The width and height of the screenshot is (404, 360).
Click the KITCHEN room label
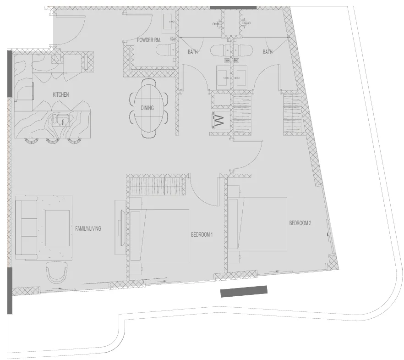click(61, 95)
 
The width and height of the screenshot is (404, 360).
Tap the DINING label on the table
click(147, 108)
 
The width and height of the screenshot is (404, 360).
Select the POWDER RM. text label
click(149, 40)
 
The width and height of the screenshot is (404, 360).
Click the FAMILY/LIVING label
click(88, 228)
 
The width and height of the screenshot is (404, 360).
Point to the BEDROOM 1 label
click(202, 235)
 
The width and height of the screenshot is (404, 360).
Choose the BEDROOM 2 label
click(300, 223)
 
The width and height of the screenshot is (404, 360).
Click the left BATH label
click(193, 52)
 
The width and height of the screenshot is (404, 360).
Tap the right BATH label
click(268, 52)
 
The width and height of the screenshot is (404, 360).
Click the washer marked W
click(219, 121)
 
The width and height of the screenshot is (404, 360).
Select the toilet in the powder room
click(166, 50)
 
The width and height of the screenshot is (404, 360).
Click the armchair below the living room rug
click(57, 273)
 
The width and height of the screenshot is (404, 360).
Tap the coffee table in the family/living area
click(57, 227)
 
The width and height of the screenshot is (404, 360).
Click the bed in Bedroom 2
click(261, 224)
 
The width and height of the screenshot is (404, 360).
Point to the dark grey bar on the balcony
click(244, 291)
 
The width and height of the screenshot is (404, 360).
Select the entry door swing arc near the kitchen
click(69, 28)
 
